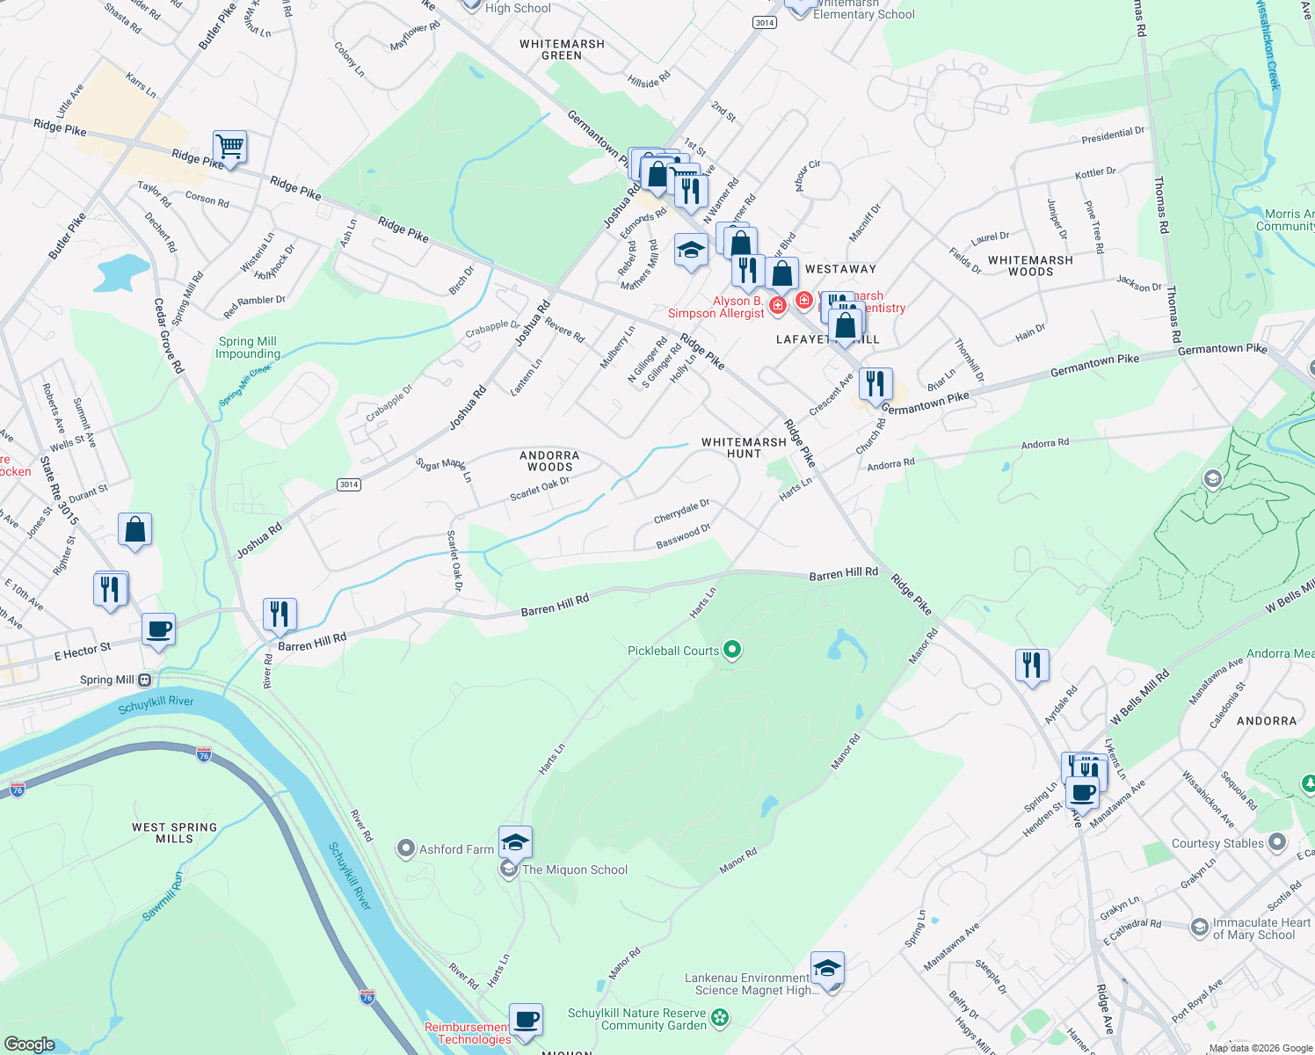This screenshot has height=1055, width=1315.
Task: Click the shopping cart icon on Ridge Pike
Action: tap(229, 148)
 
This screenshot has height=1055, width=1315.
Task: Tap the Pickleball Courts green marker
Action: tap(731, 651)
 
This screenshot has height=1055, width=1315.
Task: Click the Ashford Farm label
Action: tap(456, 849)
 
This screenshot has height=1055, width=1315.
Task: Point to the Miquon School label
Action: tap(575, 869)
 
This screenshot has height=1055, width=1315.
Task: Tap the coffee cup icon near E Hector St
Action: tap(158, 629)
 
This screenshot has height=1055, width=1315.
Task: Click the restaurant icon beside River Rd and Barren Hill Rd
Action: tap(280, 615)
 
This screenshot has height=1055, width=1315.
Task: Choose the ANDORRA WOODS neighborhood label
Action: tap(549, 461)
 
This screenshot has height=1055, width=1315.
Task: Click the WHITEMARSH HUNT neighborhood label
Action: tap(744, 447)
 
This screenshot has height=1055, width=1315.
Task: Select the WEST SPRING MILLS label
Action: tap(174, 833)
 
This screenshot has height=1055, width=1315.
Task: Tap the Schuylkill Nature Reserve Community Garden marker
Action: tap(720, 1018)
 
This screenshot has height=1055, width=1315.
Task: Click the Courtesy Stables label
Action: tap(1217, 843)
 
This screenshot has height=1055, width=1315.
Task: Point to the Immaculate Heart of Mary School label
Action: tap(1261, 928)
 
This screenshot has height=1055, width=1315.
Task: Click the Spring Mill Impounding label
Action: tap(248, 347)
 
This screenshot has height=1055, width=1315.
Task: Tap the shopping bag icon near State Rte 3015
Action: tap(134, 530)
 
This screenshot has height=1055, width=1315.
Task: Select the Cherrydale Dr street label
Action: tap(681, 512)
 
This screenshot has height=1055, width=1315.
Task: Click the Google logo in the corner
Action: tap(29, 1044)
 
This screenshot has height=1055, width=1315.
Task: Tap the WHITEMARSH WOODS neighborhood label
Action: tap(1030, 266)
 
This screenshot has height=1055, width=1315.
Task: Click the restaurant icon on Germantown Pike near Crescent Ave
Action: tap(875, 384)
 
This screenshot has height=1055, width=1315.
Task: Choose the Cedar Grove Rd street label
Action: tap(168, 336)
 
